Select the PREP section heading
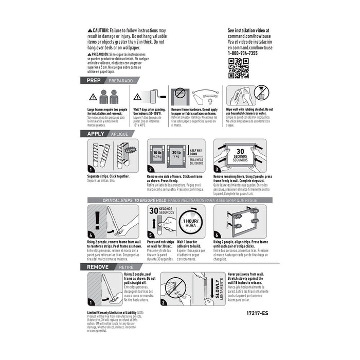click(93, 81)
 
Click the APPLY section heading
click(96, 133)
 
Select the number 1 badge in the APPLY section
click(92, 169)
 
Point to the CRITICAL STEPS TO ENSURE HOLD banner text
click(132, 200)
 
